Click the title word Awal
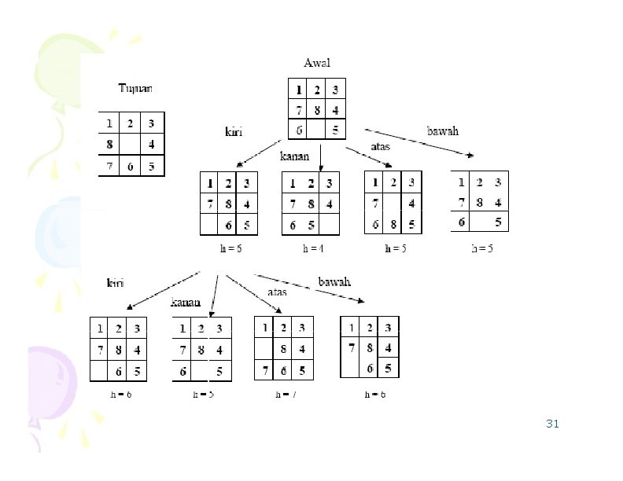[x=317, y=63]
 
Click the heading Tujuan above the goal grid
[x=135, y=88]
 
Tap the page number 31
[x=552, y=424]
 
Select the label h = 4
[x=314, y=249]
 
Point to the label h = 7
[x=286, y=395]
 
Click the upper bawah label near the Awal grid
[x=442, y=131]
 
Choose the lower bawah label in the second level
[x=334, y=281]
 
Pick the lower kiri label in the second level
[x=115, y=283]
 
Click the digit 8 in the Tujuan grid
[x=109, y=145]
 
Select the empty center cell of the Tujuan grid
[x=131, y=145]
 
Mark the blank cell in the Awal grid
[x=316, y=129]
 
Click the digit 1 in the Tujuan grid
[x=109, y=124]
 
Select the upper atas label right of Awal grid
[x=380, y=146]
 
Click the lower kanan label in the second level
[x=186, y=302]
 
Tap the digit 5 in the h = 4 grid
[x=311, y=226]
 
